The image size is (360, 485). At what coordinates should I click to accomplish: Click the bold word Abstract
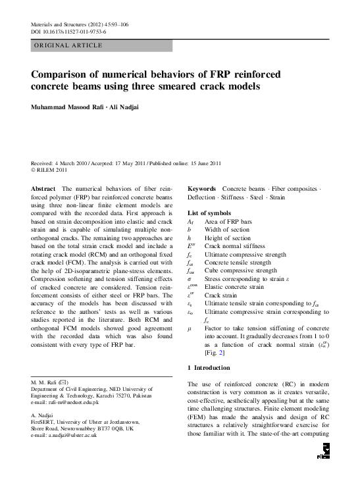43,188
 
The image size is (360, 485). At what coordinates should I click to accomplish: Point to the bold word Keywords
203,188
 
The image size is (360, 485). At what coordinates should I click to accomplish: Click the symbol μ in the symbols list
190,326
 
